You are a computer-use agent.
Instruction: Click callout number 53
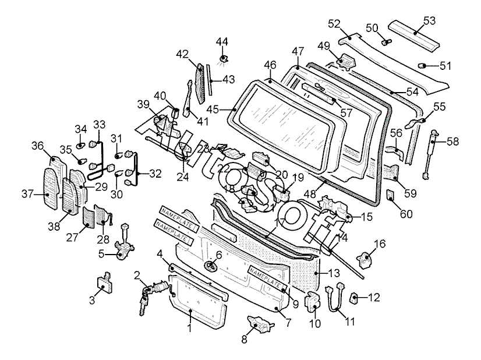pyautogui.click(x=429, y=21)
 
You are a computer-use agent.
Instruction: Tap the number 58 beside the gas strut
pyautogui.click(x=452, y=142)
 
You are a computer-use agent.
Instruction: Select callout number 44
pyautogui.click(x=223, y=42)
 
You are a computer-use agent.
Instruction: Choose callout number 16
pyautogui.click(x=380, y=243)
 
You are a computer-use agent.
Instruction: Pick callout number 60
pyautogui.click(x=406, y=214)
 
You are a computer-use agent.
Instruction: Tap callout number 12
pyautogui.click(x=374, y=298)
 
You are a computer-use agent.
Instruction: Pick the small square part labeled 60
pyautogui.click(x=391, y=195)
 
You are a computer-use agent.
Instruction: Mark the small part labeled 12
pyautogui.click(x=354, y=298)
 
